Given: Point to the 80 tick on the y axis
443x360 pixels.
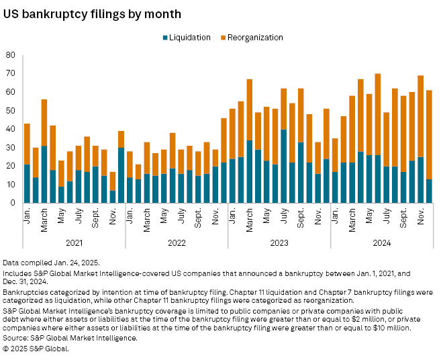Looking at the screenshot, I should [x=11, y=55].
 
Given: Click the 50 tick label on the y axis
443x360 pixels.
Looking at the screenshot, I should [x=11, y=110].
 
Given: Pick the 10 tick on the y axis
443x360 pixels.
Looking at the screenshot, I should [x=11, y=184].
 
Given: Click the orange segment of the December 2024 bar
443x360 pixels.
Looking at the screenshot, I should [x=429, y=134].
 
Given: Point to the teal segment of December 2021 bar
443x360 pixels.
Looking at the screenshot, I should [x=121, y=175].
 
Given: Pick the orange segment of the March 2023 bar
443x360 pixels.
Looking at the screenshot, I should [x=249, y=109].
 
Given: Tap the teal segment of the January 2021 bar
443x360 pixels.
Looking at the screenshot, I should [x=27, y=183].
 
